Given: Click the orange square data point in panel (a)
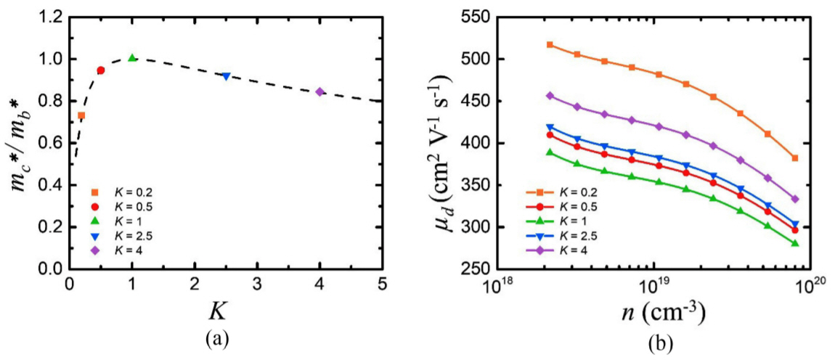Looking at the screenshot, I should (x=81, y=115).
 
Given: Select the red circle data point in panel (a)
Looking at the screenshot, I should (x=100, y=70).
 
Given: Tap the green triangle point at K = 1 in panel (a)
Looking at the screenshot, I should (x=131, y=58).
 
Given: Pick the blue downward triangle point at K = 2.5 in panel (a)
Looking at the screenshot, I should (x=226, y=75).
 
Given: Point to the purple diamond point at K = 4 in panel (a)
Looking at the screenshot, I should (x=319, y=91).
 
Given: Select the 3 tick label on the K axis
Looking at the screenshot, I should (x=257, y=282).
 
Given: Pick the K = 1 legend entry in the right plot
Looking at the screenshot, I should (x=555, y=221).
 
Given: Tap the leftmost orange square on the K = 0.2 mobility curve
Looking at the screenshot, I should (x=550, y=45).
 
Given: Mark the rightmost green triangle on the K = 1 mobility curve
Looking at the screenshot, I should (x=795, y=243).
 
